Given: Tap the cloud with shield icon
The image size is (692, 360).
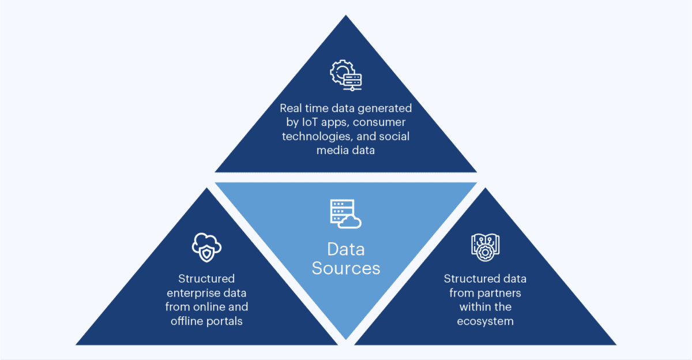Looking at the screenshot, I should click(206, 247).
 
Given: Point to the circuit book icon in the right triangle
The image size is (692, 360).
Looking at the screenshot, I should click(485, 247).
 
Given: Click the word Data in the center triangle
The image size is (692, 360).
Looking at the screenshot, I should click(346, 249).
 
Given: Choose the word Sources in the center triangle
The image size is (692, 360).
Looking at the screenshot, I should click(346, 268).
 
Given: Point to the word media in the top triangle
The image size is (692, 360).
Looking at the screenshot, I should click(331, 150).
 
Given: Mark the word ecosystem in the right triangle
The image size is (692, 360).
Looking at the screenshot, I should click(485, 321).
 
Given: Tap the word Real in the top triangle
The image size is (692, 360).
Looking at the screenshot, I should click(291, 108).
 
